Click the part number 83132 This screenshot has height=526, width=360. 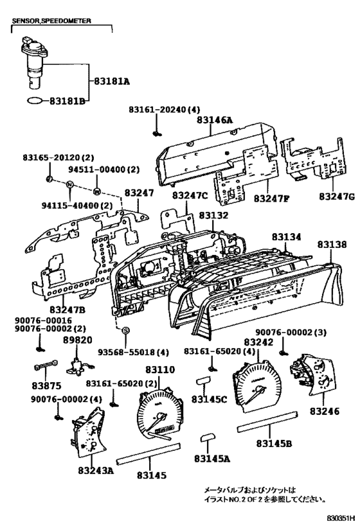213,216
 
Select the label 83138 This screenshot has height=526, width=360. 332,245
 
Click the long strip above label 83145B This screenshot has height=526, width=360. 265,428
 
